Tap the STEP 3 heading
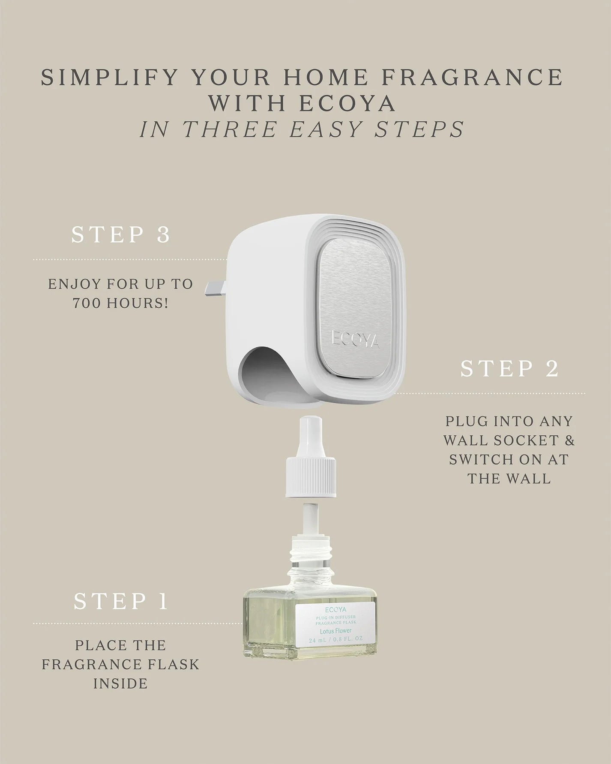pos(121,235)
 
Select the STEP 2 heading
pos(509,369)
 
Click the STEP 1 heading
pos(121,602)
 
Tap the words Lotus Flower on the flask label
pos(335,631)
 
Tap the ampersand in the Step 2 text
pos(569,440)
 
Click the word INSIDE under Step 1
pos(120,683)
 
